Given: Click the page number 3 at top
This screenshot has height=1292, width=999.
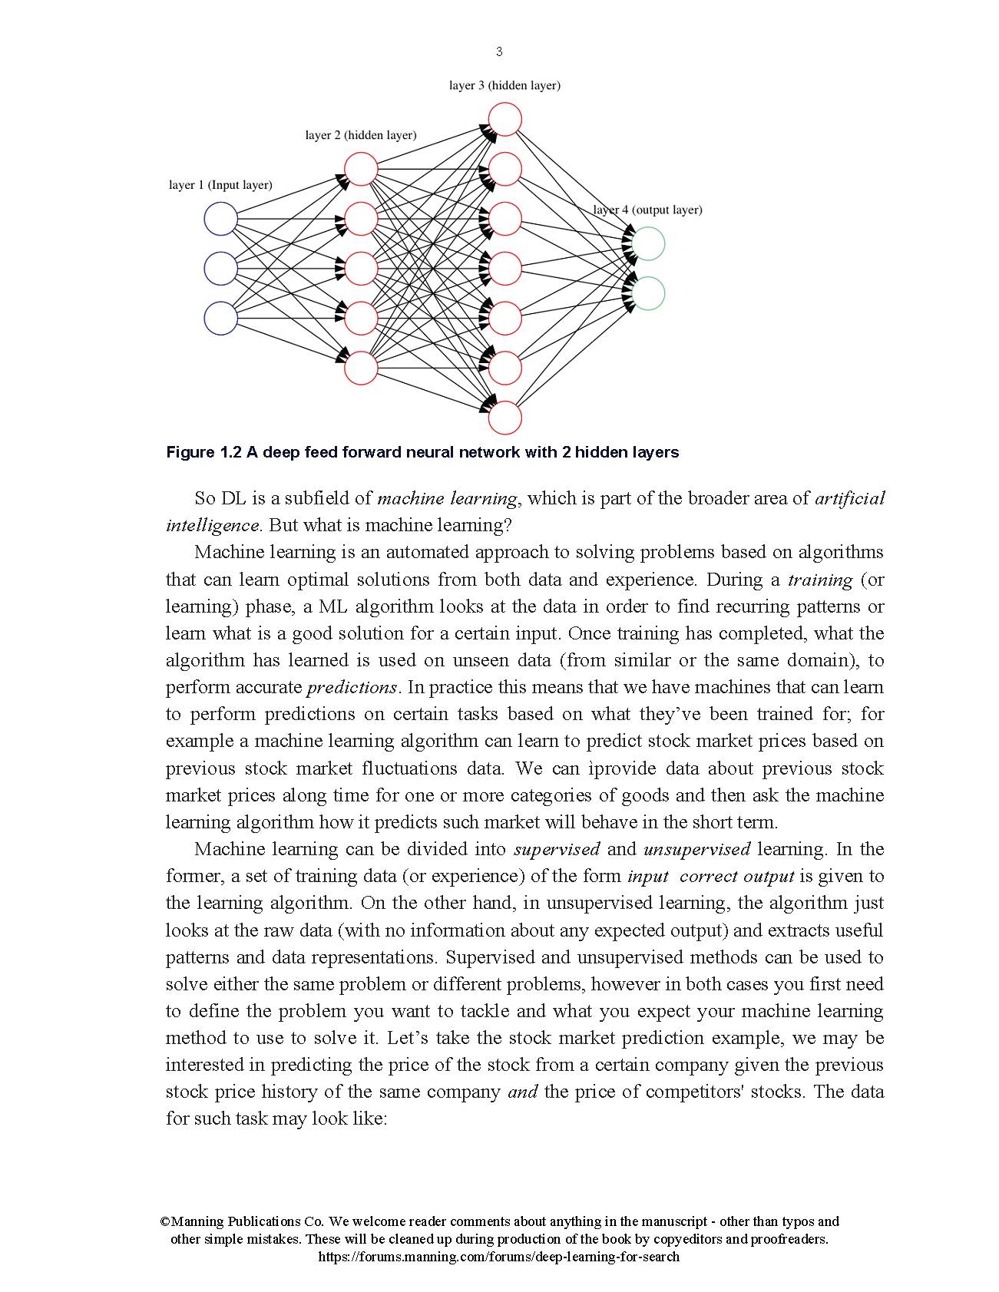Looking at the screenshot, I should tap(499, 51).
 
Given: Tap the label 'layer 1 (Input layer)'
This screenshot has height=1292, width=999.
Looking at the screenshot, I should tap(220, 185).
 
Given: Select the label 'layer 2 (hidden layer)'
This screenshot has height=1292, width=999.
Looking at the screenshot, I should tap(361, 136).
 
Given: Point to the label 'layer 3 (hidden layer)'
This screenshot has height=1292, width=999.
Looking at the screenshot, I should tap(504, 86).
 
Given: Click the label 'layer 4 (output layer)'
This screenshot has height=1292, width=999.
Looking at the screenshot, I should tap(647, 210).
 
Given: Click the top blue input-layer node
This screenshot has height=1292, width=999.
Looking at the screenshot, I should tap(220, 219).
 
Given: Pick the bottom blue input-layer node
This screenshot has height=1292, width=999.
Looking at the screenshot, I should tap(220, 319).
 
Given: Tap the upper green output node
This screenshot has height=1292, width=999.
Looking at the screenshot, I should tap(647, 244).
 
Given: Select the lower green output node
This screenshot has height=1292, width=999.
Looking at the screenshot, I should tap(647, 294).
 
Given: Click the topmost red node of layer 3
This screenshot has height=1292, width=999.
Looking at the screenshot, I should tap(504, 120).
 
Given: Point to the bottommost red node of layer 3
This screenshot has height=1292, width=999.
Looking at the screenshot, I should tap(504, 418).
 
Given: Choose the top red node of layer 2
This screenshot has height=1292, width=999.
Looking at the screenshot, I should tap(361, 170).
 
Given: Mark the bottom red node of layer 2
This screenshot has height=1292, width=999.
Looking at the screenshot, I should tap(361, 368).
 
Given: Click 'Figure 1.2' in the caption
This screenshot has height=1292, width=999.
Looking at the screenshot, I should tap(203, 452).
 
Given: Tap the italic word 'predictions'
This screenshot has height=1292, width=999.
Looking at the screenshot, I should tap(352, 687).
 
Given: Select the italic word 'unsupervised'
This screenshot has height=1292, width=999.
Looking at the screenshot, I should tap(696, 849).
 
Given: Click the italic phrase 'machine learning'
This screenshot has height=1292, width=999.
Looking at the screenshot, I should tap(448, 498).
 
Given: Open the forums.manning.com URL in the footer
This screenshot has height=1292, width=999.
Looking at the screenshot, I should tap(498, 1257).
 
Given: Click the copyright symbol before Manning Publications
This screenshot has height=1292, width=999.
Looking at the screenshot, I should tap(165, 1221).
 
